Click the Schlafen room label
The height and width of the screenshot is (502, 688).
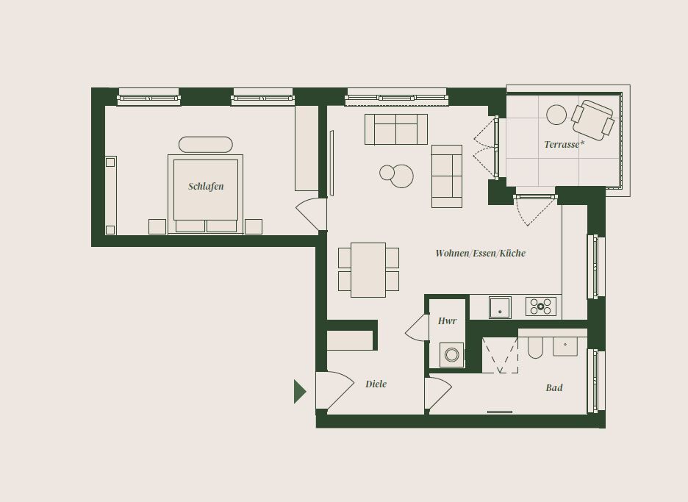click(x=206, y=187)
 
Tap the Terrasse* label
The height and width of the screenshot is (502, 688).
click(x=564, y=144)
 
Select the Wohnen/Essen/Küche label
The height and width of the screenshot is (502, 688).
click(x=480, y=253)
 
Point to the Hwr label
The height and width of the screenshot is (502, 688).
click(x=447, y=320)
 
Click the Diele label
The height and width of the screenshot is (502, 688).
click(x=376, y=384)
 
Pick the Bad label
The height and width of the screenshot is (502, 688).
click(x=554, y=387)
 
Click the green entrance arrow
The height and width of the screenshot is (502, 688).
click(x=300, y=392)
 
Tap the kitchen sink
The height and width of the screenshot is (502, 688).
click(x=500, y=307)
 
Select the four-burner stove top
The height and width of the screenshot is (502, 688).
click(x=540, y=306)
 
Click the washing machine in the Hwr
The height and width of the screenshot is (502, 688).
click(x=451, y=354)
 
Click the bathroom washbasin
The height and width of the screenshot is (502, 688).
click(x=565, y=346)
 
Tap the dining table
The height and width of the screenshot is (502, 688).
click(x=368, y=270)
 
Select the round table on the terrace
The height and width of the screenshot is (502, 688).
click(x=556, y=115)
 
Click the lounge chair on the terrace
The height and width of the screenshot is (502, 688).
click(x=592, y=121)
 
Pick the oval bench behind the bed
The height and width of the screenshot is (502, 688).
click(x=205, y=144)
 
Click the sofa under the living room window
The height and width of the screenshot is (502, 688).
click(x=395, y=129)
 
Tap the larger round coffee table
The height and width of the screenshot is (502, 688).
click(x=401, y=176)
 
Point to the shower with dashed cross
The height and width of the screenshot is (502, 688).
click(x=500, y=355)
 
